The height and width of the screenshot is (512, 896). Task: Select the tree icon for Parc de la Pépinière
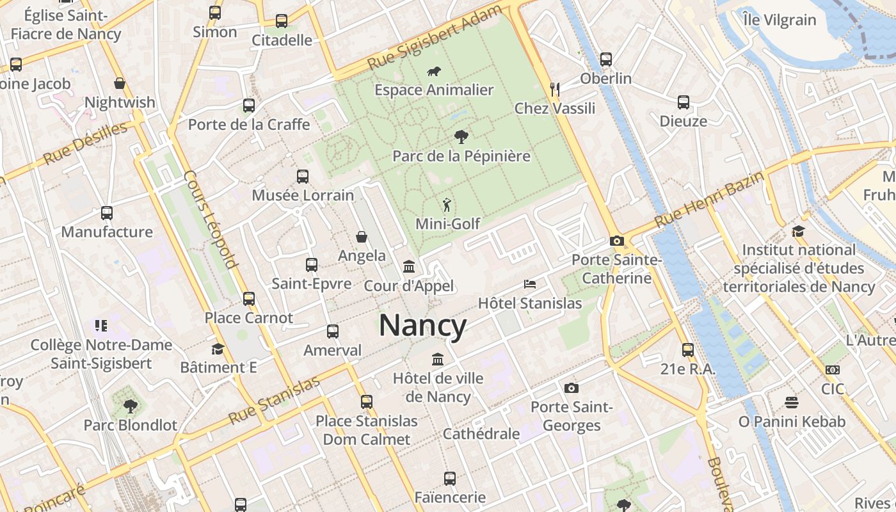(460, 136)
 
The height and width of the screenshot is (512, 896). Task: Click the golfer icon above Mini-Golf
(447, 205)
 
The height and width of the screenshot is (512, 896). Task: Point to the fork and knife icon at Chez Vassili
(555, 89)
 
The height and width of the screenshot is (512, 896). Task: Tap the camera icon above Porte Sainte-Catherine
(616, 241)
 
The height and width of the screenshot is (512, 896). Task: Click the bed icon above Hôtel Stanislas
(530, 284)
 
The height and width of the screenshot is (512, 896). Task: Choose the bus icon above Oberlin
(605, 60)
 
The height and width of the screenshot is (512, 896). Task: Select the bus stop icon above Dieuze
(684, 102)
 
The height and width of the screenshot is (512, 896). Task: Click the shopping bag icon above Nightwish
(120, 83)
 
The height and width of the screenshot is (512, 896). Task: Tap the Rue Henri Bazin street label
(708, 200)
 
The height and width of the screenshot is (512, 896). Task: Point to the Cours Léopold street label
(211, 219)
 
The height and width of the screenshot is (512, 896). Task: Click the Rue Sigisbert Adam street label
(435, 38)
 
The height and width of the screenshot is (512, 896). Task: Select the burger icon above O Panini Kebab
(792, 403)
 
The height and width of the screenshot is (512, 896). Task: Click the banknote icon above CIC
(833, 370)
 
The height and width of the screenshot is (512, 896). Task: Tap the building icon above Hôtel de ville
(438, 359)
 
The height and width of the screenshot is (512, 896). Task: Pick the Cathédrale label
(481, 434)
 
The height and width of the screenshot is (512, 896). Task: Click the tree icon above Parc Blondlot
(130, 406)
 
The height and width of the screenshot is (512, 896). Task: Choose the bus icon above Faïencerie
(450, 478)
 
